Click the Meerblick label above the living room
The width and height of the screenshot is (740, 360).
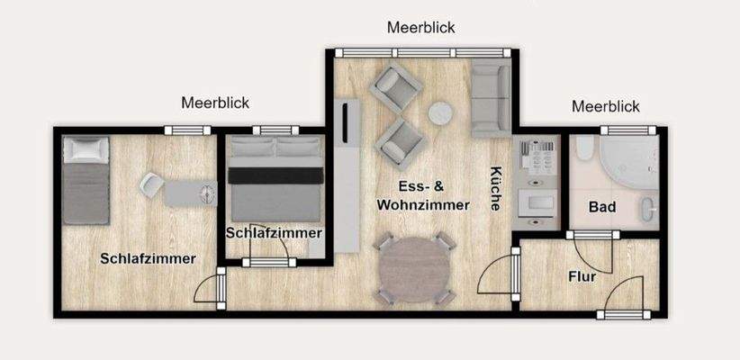click(421, 27)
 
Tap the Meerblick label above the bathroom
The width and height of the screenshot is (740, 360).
click(606, 106)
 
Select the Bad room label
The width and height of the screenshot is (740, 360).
click(602, 207)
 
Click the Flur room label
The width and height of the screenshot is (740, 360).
click(582, 276)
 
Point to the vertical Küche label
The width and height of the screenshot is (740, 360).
click(495, 189)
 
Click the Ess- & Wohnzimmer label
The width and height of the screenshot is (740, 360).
click(423, 196)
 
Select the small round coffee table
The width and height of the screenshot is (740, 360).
click(440, 113)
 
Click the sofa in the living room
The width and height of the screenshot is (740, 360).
click(491, 97)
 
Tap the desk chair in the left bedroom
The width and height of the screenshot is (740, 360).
click(151, 186)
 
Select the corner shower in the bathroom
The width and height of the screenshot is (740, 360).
click(630, 162)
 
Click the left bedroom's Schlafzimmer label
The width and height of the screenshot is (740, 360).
click(149, 258)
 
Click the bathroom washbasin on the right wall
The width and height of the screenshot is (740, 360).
click(650, 210)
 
